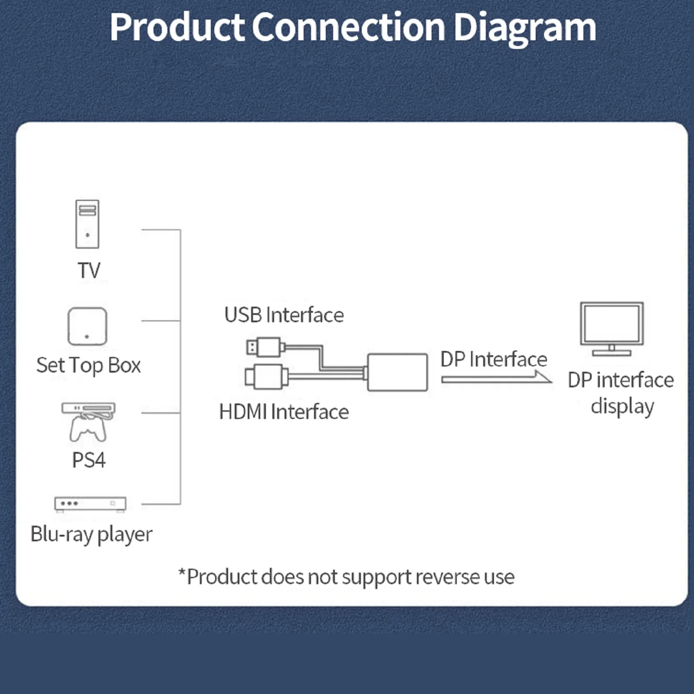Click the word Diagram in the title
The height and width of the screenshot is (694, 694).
click(524, 28)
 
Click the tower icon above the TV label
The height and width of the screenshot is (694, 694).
click(87, 224)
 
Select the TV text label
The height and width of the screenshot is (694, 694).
click(89, 270)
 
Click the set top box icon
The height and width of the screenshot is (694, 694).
click(87, 326)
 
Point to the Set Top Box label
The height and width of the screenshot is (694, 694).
click(88, 365)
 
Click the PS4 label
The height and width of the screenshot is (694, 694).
click(88, 460)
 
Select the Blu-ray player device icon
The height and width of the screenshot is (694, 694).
click(90, 504)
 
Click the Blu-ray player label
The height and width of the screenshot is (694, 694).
click(92, 534)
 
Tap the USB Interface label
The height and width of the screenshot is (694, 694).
click(284, 315)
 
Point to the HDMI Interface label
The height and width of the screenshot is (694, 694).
click(284, 412)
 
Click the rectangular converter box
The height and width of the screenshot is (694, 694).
click(397, 372)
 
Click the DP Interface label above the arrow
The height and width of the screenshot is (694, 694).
click(494, 359)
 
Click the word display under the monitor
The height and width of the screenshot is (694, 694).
click(622, 406)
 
